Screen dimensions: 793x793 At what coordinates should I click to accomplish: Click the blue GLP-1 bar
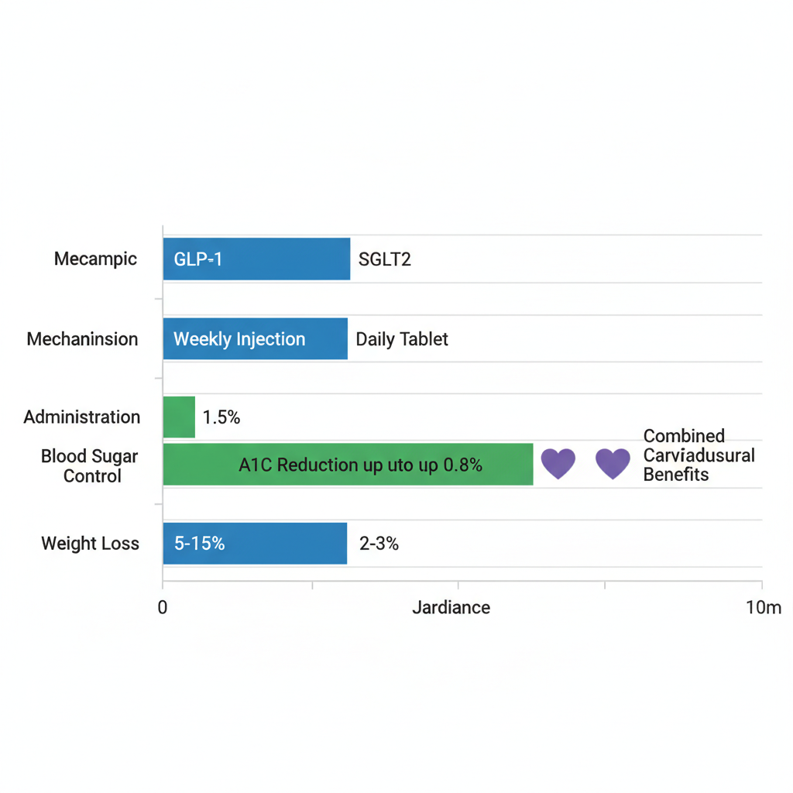256,259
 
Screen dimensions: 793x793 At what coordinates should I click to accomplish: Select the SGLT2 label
385,259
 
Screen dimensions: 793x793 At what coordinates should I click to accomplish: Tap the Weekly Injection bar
255,339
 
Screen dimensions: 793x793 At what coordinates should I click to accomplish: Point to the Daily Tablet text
402,339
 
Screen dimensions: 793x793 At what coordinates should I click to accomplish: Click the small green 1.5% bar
179,417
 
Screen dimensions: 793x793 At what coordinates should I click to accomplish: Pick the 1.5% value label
221,418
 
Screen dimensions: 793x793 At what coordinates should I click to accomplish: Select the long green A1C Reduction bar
348,465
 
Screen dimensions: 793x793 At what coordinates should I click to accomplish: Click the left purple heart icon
558,463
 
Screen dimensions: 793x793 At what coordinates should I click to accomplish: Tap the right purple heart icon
613,463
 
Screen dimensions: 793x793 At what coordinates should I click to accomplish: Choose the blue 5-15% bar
255,544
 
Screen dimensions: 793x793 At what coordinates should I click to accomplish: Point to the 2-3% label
379,544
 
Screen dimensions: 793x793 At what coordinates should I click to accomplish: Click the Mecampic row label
95,259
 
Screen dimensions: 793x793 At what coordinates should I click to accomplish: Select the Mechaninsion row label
82,339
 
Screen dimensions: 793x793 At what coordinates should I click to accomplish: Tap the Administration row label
82,417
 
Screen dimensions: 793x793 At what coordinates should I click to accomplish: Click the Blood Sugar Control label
90,466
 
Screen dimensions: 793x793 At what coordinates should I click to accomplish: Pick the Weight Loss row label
90,544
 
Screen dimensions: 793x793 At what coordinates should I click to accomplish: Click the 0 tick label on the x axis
163,608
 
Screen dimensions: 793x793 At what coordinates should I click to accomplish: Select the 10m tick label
764,608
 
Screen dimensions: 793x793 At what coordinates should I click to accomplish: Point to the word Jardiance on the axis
451,608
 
